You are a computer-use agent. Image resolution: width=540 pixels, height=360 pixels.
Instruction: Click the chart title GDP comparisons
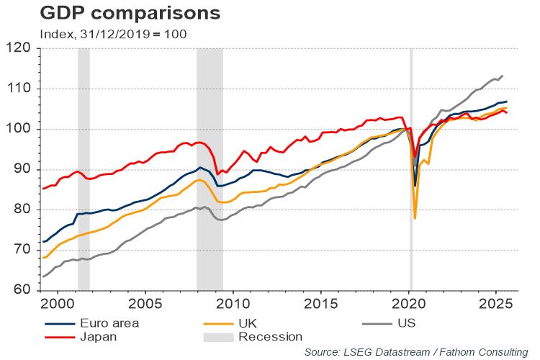(x=109, y=14)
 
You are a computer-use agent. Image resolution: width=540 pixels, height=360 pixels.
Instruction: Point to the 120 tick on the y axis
(x=24, y=49)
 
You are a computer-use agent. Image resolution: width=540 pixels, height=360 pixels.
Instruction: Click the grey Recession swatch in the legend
(x=220, y=336)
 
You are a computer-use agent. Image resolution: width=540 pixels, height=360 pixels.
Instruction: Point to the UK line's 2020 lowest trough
(x=415, y=217)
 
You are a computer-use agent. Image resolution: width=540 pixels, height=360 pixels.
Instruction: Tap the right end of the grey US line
(x=503, y=76)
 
